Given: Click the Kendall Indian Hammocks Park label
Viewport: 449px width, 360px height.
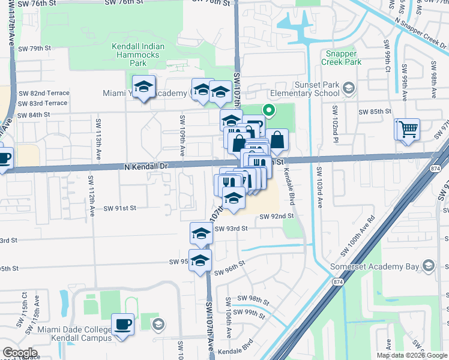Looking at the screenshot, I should [x=138, y=55].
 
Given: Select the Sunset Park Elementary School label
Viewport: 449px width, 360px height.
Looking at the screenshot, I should [x=304, y=89].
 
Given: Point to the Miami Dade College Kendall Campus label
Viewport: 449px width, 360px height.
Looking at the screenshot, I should [x=75, y=334].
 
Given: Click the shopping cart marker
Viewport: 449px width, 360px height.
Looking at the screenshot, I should [x=406, y=128].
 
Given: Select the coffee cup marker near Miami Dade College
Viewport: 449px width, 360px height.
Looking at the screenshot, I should [x=123, y=325].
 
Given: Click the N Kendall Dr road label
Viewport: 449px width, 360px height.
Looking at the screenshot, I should [x=145, y=165].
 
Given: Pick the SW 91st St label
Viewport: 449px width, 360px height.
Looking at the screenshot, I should [x=120, y=208].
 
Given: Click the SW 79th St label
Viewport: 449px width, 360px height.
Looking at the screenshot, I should [x=35, y=48].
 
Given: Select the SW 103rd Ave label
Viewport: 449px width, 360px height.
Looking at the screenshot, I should [x=320, y=187].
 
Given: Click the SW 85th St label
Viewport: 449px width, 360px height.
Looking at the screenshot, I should [x=375, y=112].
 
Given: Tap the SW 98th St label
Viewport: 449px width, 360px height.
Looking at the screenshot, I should [x=253, y=298].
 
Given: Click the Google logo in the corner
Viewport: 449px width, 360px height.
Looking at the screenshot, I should [x=20, y=353].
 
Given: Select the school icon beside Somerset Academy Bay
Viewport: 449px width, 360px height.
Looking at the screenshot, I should [x=429, y=265].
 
